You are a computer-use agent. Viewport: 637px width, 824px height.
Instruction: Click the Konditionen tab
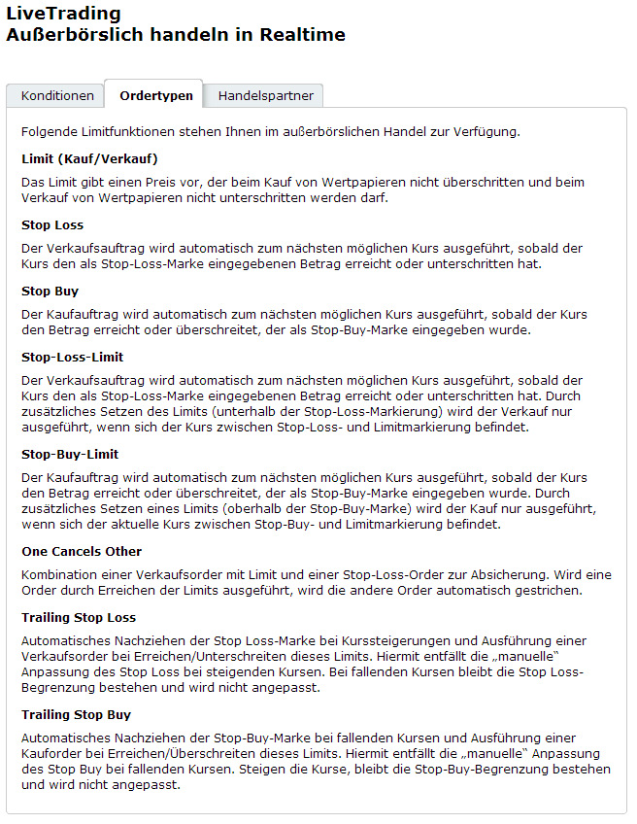[x=57, y=96]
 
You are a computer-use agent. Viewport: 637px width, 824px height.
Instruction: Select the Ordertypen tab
[x=155, y=96]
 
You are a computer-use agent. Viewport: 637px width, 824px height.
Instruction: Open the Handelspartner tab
[x=264, y=96]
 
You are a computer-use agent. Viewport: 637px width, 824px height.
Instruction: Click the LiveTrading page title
[x=63, y=14]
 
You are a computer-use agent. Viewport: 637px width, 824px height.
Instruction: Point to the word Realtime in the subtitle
[x=302, y=35]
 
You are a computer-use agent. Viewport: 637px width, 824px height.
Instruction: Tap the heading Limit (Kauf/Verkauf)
[x=89, y=158]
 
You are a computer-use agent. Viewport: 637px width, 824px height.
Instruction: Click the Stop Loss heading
[x=52, y=224]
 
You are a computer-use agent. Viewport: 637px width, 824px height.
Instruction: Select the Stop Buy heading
[x=50, y=291]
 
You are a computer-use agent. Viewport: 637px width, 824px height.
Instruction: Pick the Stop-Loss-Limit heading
[x=71, y=357]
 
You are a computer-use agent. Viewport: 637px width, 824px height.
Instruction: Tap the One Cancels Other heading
[x=82, y=551]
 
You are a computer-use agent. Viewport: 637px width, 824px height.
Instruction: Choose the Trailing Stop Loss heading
[x=79, y=617]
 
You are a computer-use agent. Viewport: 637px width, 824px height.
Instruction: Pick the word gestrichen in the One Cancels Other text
[x=548, y=591]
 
